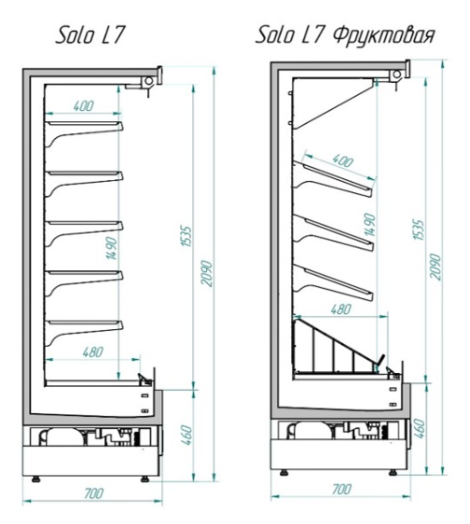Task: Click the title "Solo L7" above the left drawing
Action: point(90,35)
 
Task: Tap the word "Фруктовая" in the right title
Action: point(384,35)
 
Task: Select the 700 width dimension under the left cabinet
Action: point(94,493)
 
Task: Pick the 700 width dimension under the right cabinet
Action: point(341,490)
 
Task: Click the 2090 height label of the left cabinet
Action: point(207,273)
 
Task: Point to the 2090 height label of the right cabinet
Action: point(435,267)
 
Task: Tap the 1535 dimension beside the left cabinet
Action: point(187,236)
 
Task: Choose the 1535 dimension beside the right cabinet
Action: point(419,229)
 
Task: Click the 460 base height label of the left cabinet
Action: point(187,434)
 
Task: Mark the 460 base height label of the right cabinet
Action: point(420,428)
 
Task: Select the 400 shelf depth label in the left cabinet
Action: point(84,106)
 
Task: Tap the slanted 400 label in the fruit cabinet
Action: point(343,161)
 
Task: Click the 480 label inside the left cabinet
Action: point(92,352)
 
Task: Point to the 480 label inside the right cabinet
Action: point(341,310)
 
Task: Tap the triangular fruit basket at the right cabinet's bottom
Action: point(339,346)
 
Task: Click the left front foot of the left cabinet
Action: point(35,479)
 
